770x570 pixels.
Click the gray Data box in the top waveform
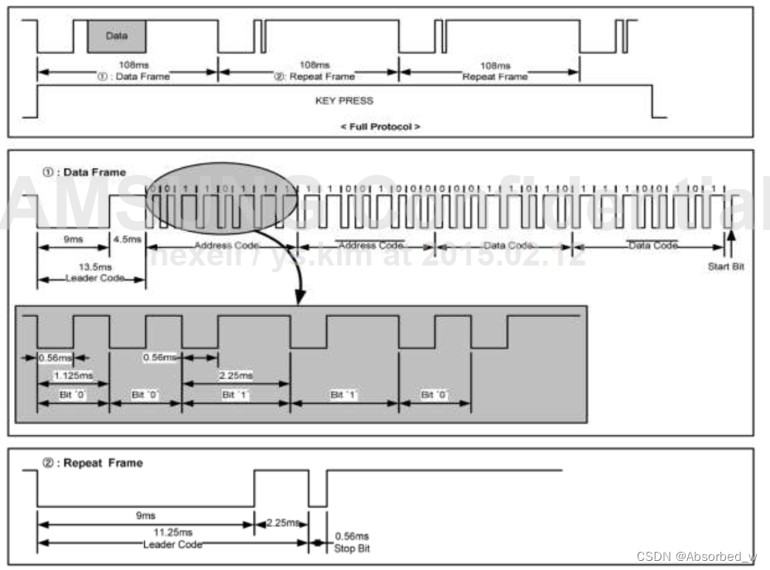[117, 37]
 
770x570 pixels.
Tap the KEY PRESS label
[344, 101]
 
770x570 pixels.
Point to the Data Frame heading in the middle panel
[84, 172]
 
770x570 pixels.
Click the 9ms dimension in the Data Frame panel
[72, 239]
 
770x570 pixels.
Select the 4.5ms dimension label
[127, 239]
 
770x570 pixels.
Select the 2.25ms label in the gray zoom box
[236, 375]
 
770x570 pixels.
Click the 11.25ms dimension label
[174, 532]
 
